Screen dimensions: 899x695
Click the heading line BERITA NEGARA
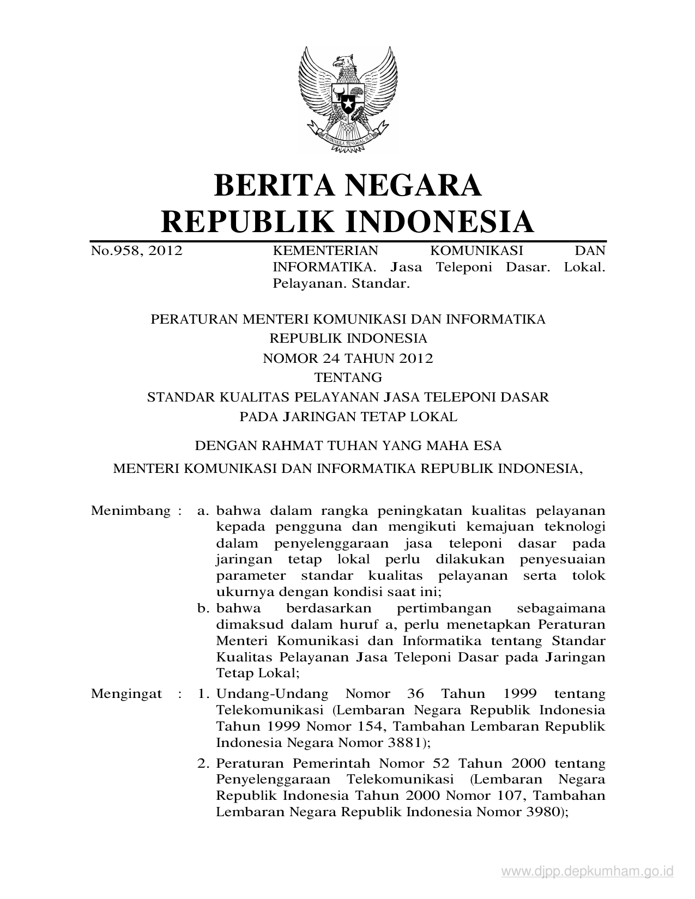click(348, 185)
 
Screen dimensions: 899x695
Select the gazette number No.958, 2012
click(136, 251)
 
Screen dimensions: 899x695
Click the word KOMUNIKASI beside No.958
click(476, 251)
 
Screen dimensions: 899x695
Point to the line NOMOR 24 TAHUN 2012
click(348, 358)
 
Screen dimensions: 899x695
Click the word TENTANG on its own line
click(348, 377)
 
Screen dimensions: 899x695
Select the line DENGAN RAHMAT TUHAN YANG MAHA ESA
click(348, 446)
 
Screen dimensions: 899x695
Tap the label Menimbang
click(131, 511)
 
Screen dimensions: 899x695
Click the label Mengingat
click(126, 694)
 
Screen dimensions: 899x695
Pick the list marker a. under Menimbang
click(203, 511)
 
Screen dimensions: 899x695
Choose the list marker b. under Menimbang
click(204, 608)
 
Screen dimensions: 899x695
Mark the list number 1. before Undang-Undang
click(203, 694)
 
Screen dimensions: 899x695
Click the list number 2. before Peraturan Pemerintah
click(203, 763)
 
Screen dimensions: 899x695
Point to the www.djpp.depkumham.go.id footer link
click(587, 872)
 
